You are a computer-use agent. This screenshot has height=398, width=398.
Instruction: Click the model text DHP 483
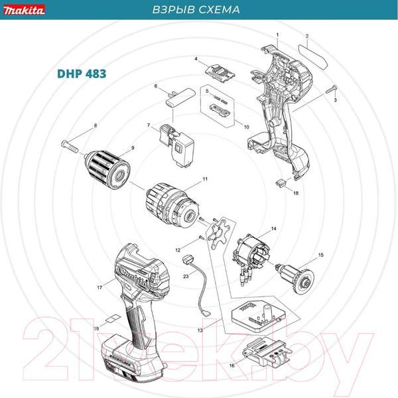pos(77,74)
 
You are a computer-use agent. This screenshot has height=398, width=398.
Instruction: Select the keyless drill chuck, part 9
pos(106,165)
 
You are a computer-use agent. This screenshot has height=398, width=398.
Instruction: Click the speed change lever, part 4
pos(219,69)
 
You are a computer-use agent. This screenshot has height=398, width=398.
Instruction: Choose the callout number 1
pos(277,34)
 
